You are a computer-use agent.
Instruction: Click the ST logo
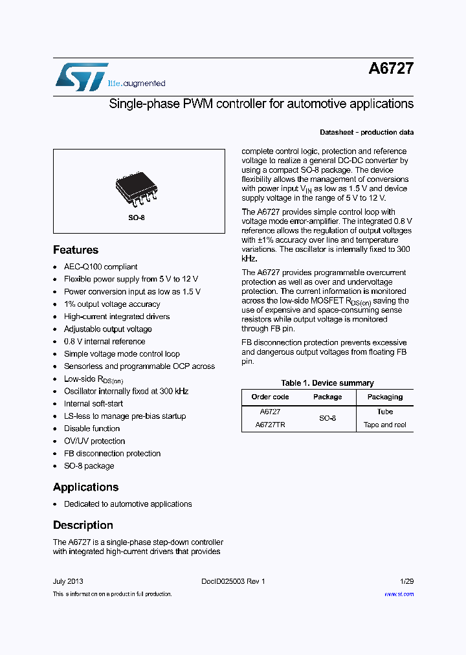81,76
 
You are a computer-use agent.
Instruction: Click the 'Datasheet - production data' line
366,132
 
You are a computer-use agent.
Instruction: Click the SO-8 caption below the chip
136,217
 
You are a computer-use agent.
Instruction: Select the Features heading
76,250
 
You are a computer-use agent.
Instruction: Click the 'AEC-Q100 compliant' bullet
100,267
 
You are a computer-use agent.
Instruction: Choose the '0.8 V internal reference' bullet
104,342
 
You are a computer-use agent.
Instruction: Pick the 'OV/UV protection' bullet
94,441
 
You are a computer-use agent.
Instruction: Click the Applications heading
85,487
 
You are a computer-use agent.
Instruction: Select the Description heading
83,525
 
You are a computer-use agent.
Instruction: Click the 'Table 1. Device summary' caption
327,383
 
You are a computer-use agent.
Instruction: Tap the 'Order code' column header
270,397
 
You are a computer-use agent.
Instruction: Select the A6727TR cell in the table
270,425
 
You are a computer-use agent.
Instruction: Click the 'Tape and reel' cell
384,425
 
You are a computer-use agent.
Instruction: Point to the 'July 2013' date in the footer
68,581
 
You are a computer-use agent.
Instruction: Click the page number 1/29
406,581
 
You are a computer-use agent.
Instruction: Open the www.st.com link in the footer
399,594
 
